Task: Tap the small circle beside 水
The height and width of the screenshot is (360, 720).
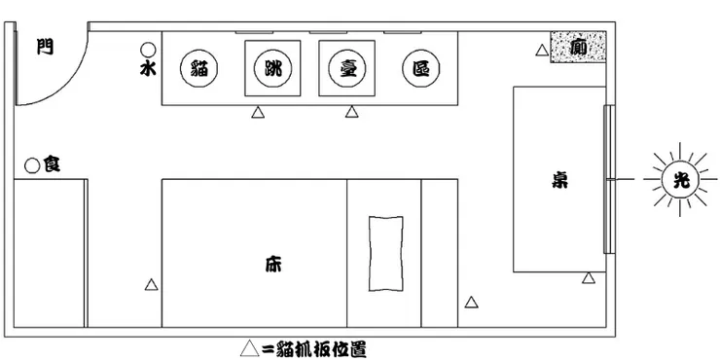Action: pos(148,50)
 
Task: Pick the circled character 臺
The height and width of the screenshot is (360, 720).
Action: pos(346,68)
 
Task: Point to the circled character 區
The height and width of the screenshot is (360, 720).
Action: pos(421,68)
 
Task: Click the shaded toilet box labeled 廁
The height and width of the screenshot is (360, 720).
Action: pos(578,47)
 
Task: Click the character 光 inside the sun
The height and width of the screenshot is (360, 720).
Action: pos(678,179)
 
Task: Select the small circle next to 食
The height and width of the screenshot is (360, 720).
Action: pos(32,166)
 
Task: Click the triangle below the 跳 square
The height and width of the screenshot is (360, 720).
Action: pos(258,113)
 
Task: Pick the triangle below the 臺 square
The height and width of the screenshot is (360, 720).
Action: pos(351,113)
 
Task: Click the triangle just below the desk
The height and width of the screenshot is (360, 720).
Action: pos(588,279)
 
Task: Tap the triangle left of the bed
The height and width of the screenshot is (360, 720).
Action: pos(151,284)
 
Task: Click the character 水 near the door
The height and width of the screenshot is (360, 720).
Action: pos(148,70)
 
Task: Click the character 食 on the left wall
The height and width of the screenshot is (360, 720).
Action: pos(51,166)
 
